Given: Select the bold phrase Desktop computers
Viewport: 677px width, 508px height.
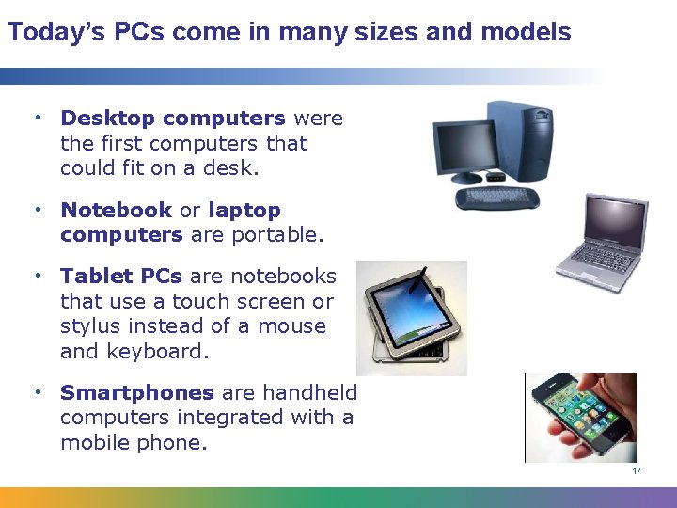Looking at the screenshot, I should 173,119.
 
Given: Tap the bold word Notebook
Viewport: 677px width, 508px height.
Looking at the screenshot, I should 117,211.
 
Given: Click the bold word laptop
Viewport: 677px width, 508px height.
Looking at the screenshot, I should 244,211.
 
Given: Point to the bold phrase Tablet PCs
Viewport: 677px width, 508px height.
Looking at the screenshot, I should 121,277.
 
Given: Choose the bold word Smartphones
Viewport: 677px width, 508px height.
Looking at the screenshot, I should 137,393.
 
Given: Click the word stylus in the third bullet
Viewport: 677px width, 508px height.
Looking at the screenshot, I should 91,326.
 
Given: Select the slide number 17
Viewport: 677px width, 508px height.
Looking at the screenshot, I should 637,471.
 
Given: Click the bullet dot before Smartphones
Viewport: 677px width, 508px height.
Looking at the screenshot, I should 38,393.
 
